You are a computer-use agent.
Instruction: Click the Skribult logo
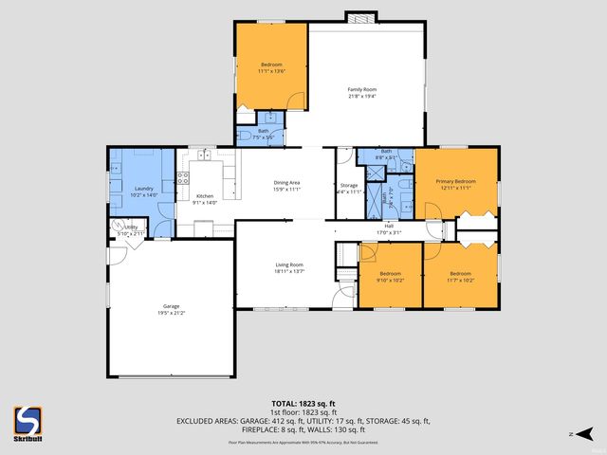(x=28, y=421)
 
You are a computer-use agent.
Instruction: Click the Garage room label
(x=171, y=306)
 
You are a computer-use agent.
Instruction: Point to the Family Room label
(x=362, y=89)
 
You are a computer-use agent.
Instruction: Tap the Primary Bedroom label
(x=455, y=181)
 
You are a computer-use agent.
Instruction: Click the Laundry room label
(x=144, y=189)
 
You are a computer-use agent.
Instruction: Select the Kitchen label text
(x=205, y=196)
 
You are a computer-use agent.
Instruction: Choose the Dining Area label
(x=286, y=182)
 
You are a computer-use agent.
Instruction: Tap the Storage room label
(x=349, y=185)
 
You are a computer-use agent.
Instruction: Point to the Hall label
(x=389, y=226)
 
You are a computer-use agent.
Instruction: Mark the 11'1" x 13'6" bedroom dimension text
(x=271, y=70)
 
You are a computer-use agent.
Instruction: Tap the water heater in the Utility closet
(x=120, y=227)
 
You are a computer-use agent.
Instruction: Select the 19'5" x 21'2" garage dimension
(x=171, y=313)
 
